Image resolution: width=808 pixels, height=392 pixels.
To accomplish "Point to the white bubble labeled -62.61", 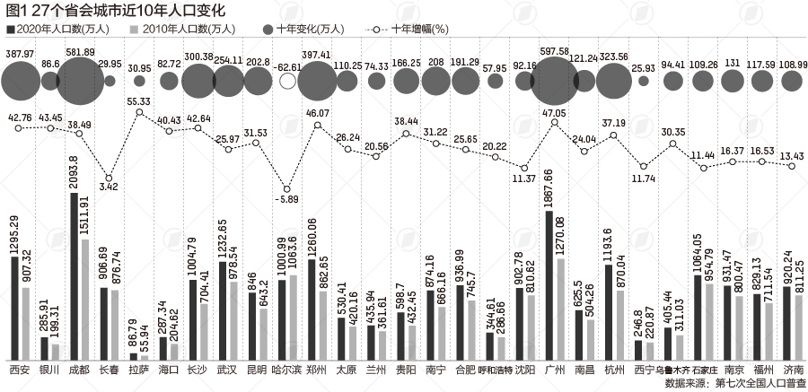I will [287, 82].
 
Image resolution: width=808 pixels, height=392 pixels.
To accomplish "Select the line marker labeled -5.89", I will [287, 187].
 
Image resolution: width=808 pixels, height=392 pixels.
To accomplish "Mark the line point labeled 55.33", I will [139, 113].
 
